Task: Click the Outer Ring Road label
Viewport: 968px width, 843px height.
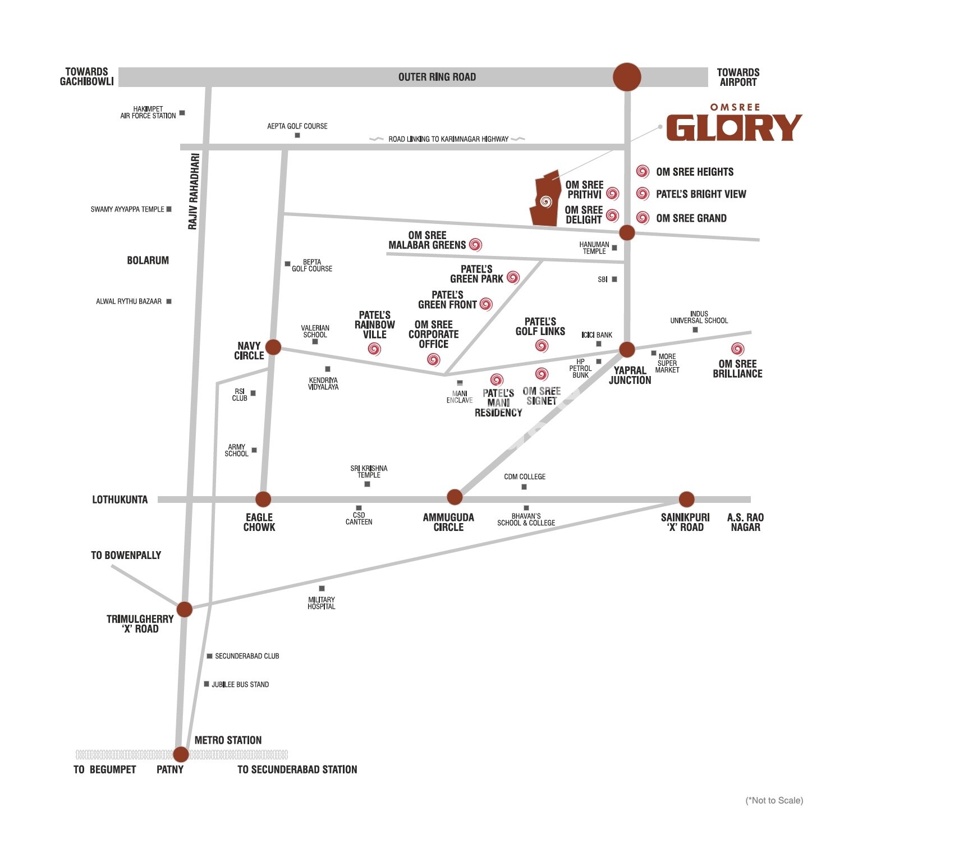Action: [437, 77]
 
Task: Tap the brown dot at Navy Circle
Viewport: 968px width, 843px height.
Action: [273, 347]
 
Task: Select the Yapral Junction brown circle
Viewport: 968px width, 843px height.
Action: [627, 350]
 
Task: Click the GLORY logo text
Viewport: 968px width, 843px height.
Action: [734, 128]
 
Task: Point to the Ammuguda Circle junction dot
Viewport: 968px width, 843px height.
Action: [455, 497]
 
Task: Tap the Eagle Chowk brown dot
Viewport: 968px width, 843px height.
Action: [263, 499]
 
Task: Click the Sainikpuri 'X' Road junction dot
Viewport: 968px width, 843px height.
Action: [686, 499]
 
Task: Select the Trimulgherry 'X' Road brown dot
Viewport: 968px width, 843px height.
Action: [185, 609]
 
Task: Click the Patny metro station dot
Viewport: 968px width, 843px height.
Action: [181, 754]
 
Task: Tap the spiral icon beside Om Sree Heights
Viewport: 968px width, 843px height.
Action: [643, 171]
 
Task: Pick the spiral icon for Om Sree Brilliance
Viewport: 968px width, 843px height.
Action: [737, 349]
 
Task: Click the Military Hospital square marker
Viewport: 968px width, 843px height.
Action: [322, 589]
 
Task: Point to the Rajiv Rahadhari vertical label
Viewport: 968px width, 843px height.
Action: [193, 191]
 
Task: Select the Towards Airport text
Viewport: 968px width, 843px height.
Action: [738, 77]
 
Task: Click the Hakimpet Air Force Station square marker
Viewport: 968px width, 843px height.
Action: [182, 113]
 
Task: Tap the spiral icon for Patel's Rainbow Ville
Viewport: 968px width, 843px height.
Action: [374, 349]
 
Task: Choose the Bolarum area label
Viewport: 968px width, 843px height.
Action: [148, 260]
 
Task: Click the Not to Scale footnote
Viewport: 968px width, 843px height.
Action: [774, 800]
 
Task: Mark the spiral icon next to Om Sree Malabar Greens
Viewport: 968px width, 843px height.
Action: [476, 244]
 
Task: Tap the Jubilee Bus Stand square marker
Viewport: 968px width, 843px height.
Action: [207, 684]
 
